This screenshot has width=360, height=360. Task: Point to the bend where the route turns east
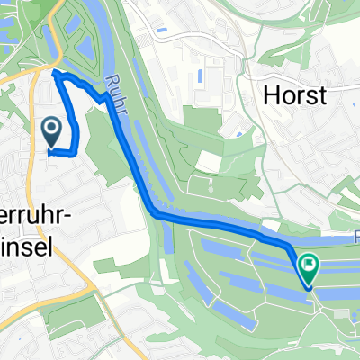[x=154, y=214]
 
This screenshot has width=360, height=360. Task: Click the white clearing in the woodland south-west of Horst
[x=208, y=161]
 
